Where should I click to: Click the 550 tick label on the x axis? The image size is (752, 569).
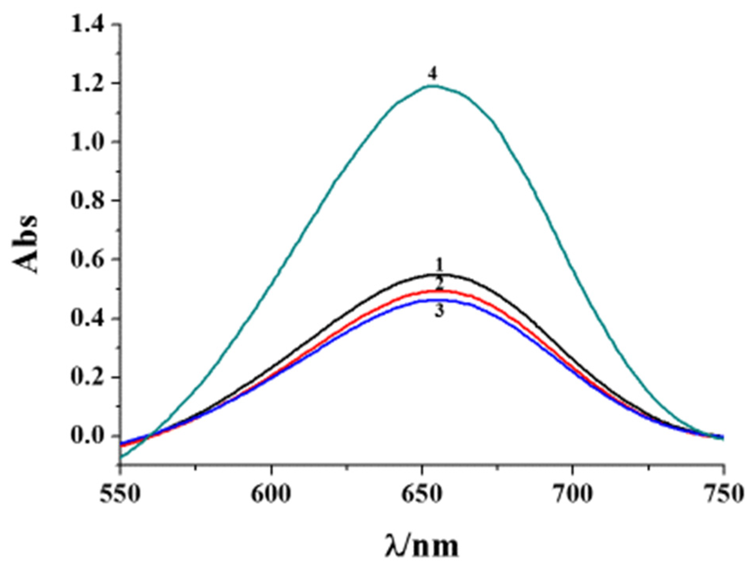point(120,494)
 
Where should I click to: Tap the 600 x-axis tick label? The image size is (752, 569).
point(271,494)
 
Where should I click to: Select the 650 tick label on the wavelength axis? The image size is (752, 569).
point(422,494)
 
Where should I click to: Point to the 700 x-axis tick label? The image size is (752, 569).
point(573,494)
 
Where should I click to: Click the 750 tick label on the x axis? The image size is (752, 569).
point(723,494)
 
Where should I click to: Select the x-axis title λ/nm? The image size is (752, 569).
point(422,545)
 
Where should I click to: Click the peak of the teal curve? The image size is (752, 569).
point(433,86)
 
